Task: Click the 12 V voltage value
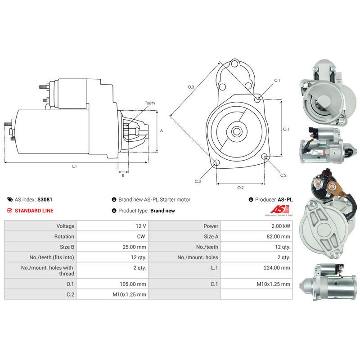click(142, 226)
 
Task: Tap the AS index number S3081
click(45, 199)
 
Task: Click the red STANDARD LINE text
click(34, 210)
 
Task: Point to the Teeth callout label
click(149, 103)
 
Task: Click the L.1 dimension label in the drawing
click(75, 166)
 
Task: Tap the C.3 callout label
click(198, 181)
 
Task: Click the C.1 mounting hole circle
click(257, 99)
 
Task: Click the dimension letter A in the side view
click(162, 130)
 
